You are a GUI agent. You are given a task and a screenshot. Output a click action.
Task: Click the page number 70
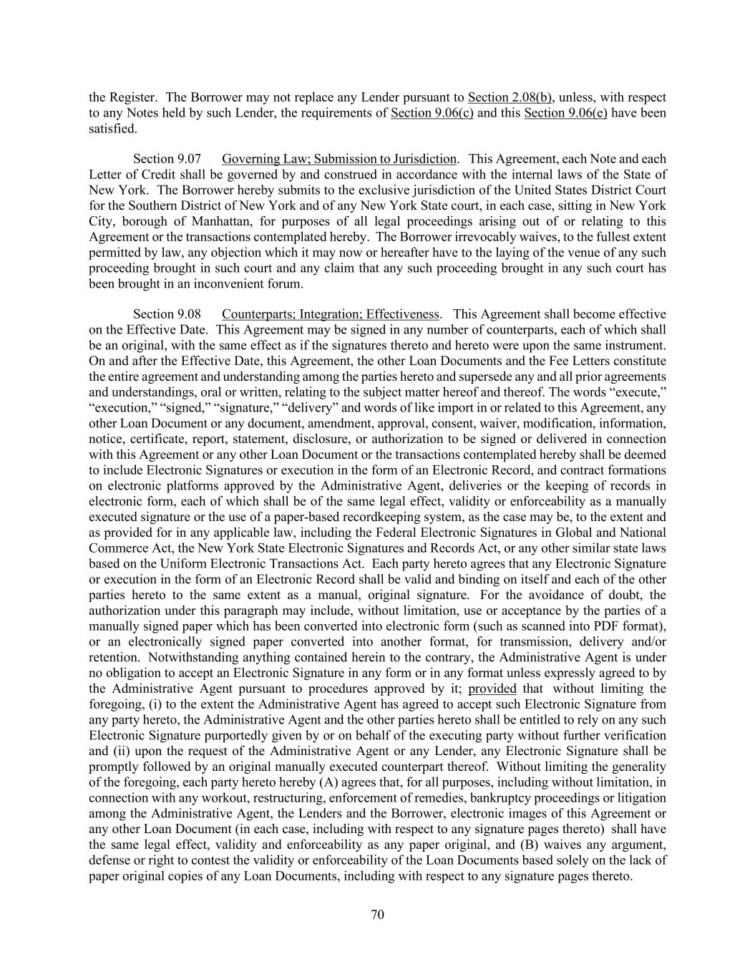(x=377, y=914)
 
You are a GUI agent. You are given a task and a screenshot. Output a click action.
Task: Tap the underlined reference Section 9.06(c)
(x=432, y=113)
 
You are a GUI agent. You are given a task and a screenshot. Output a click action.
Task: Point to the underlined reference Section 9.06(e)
(x=565, y=113)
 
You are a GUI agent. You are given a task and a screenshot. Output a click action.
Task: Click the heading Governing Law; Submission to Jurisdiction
(x=338, y=159)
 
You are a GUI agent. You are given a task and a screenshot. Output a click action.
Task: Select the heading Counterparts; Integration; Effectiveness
(x=331, y=314)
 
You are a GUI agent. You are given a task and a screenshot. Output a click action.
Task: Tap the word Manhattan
(x=227, y=221)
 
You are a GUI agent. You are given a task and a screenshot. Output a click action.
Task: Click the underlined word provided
(x=492, y=689)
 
